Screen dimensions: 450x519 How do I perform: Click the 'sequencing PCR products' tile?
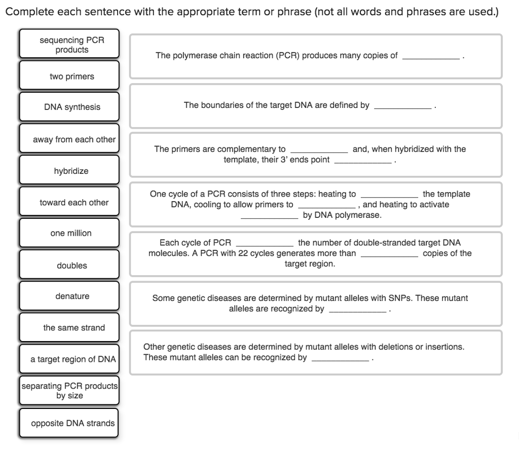tap(69, 45)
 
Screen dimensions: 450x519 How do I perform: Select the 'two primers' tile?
tap(69, 76)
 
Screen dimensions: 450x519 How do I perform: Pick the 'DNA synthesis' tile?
tap(69, 107)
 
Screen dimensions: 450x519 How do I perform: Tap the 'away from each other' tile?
tap(69, 139)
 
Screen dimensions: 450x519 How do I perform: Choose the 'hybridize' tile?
tap(69, 171)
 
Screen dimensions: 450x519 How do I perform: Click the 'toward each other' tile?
tap(69, 202)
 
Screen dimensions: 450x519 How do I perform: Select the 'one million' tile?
tap(69, 233)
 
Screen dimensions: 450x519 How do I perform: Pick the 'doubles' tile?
tap(69, 266)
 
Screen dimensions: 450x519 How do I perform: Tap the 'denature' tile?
tap(69, 296)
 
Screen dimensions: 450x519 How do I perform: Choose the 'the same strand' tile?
tap(69, 327)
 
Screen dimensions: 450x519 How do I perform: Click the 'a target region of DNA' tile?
tap(69, 359)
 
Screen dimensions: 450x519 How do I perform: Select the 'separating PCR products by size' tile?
tap(69, 390)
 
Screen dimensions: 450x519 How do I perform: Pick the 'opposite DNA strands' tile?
tap(69, 423)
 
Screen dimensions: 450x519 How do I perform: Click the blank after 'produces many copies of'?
tap(431, 56)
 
